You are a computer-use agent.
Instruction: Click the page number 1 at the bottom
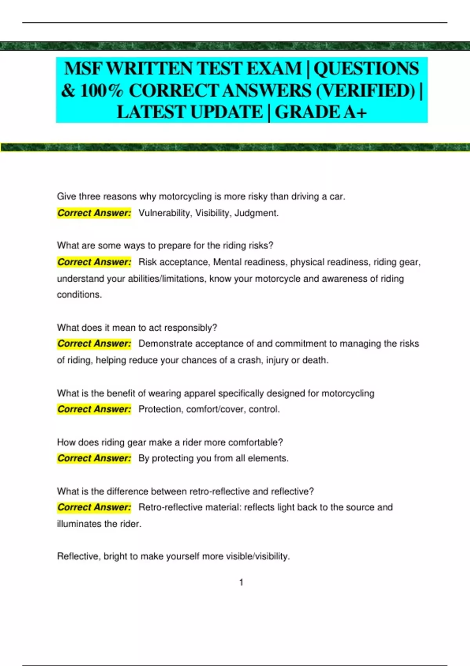pos(241,583)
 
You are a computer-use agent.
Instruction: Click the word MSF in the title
pos(83,69)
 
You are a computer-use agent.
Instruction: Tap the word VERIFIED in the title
pos(365,91)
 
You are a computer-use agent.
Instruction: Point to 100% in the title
pos(101,91)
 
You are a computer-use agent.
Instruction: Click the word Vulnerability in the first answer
pos(164,213)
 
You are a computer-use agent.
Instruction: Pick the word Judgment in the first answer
pos(256,213)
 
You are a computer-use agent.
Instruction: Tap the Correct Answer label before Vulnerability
pos(94,213)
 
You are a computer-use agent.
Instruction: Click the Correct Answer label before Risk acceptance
pos(94,262)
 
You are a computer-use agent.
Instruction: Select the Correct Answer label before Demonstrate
pos(94,344)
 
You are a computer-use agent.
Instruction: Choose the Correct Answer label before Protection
pos(94,409)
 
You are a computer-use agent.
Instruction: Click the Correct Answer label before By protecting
pos(94,458)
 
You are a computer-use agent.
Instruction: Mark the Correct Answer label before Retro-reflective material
pos(94,507)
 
